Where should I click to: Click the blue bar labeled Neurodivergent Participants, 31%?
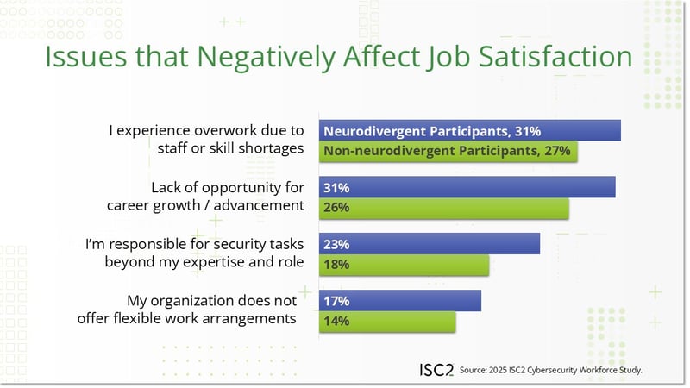[470, 131]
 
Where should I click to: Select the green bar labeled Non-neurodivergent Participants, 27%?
[448, 152]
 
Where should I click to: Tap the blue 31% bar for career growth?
[467, 187]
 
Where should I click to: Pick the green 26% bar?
[444, 208]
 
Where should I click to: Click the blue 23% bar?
[430, 244]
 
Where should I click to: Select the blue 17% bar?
[400, 300]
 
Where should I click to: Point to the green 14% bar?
[387, 321]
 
